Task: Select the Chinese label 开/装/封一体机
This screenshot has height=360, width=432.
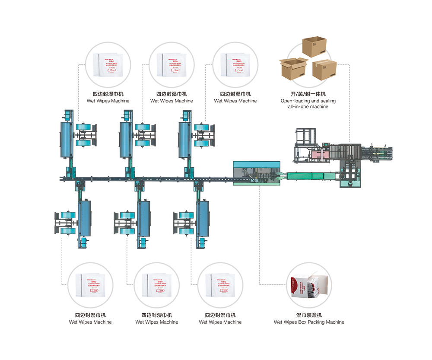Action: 308,94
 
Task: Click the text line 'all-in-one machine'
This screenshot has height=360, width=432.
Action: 308,106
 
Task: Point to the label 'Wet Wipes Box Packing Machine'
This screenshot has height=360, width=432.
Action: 309,322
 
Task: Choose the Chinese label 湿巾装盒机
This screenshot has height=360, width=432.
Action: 309,315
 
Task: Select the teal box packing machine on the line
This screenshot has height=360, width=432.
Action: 257,173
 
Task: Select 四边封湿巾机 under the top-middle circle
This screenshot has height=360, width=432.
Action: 172,94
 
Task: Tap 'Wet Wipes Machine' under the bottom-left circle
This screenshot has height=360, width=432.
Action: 90,322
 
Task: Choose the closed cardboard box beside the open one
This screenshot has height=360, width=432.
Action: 324,69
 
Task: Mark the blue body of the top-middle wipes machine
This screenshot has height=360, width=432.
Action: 126,140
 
